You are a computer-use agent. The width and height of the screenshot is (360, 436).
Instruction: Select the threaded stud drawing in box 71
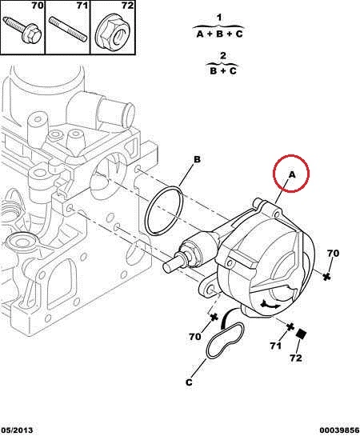pos(68,29)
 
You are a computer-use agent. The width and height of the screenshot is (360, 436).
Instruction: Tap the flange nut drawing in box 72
pos(113,33)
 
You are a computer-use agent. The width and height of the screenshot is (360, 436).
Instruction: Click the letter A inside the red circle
pos(292,174)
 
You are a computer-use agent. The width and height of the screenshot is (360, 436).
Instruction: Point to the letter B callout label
pos(197,160)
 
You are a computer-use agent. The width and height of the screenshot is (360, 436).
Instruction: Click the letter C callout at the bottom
pos(189,382)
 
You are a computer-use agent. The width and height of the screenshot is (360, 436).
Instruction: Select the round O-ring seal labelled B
pos(164,210)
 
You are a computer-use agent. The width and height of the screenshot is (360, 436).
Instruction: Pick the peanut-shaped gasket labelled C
pos(225,340)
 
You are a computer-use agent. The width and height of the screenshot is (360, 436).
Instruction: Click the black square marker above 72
pos(301,334)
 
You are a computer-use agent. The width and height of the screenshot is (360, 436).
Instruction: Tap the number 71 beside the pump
pos(275,346)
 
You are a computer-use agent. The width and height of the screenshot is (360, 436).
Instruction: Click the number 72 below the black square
pos(295,358)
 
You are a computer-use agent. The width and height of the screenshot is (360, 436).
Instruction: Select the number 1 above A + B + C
pos(219,18)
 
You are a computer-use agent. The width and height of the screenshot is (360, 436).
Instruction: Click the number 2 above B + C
pos(223,56)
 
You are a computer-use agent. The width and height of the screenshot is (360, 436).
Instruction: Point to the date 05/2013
pos(17,430)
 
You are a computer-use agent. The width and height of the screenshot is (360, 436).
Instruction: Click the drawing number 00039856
pos(339,430)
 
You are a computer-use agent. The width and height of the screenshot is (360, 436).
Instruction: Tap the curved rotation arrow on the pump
pos(270,305)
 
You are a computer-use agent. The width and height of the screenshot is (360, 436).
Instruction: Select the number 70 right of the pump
pos(333,254)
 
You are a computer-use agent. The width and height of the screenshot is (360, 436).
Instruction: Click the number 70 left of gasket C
pos(194,337)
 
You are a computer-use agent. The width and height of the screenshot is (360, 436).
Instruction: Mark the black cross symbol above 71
pos(290,326)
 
